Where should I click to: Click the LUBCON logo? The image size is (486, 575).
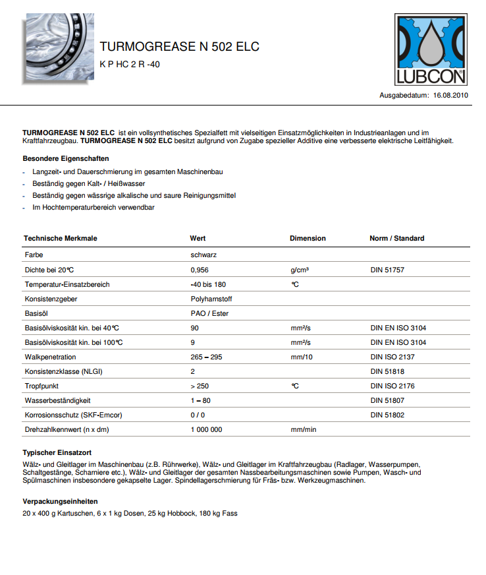431,51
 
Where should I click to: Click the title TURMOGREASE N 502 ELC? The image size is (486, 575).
179,47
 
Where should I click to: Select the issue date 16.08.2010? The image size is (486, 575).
450,96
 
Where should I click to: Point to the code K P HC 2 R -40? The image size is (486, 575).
130,65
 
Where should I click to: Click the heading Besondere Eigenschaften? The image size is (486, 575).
66,159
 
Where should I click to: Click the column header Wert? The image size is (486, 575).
198,238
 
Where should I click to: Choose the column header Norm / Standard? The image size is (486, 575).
396,238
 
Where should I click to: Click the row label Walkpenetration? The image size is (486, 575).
50,357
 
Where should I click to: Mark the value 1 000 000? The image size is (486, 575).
206,429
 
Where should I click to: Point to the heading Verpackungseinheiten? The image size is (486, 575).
60,502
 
